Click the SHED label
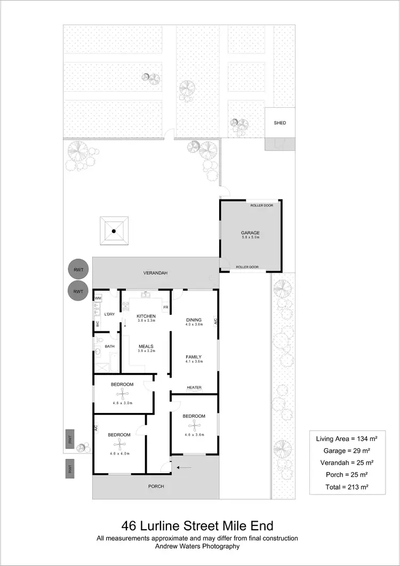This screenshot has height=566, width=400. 280,123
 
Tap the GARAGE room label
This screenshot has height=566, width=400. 250,233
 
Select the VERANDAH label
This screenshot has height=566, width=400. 156,273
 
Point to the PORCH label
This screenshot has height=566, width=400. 156,487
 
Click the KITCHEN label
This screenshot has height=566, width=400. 146,315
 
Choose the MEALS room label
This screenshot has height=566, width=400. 146,346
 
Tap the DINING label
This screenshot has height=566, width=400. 194,320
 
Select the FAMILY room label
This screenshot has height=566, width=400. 193,356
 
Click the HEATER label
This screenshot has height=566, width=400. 194,387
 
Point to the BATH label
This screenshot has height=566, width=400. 109,346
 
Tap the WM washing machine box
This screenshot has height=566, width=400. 98,298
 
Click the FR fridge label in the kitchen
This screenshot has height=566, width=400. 166,307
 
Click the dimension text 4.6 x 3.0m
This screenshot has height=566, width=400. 123,403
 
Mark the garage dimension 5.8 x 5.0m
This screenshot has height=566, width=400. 250,237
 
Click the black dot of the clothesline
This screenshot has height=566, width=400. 114,231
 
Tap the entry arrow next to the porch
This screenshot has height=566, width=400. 184,468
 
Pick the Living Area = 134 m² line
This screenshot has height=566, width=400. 347,439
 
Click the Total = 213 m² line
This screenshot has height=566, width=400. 347,487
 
